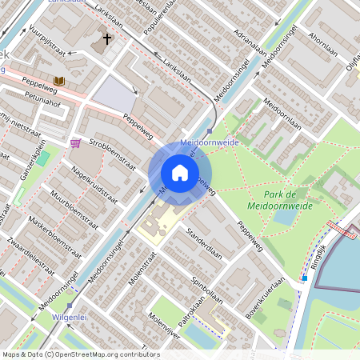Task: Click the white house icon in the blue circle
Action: click(180, 173)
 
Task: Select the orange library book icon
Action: click(59, 81)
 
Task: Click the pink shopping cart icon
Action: click(75, 143)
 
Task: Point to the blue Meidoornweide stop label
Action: click(211, 141)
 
